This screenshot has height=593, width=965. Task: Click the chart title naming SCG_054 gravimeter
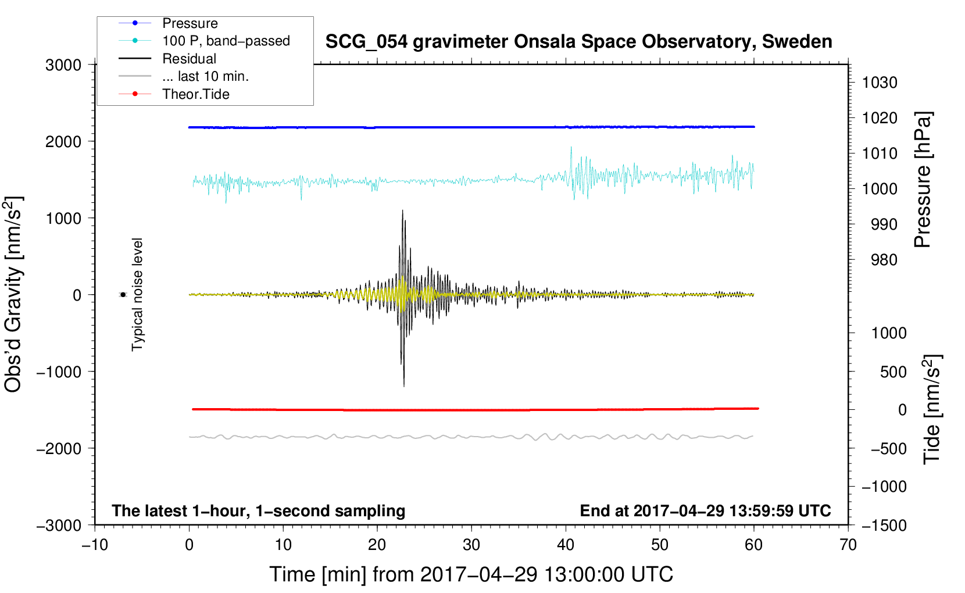(x=578, y=42)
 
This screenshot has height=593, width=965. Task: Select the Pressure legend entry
(x=190, y=23)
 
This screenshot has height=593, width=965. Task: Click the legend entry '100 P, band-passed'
(x=226, y=41)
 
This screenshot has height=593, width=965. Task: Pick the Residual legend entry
(x=189, y=59)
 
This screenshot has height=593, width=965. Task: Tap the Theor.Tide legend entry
(x=195, y=94)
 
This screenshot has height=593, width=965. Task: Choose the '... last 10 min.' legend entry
(x=205, y=76)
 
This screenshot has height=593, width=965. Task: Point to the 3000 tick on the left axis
(x=63, y=65)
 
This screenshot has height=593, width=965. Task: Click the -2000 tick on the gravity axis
(x=59, y=448)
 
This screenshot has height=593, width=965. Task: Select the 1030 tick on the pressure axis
(x=879, y=83)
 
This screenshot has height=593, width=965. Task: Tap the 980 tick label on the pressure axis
(x=884, y=260)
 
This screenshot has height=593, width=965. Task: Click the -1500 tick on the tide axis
(x=884, y=525)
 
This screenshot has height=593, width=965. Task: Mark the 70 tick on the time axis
(x=848, y=545)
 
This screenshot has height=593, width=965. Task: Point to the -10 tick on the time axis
(x=95, y=545)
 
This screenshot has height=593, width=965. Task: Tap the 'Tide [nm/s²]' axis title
(x=932, y=409)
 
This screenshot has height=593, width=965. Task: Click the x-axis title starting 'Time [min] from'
(x=471, y=574)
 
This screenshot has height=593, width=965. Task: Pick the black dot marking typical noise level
(x=123, y=295)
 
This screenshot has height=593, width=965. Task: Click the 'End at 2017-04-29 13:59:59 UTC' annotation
(x=705, y=510)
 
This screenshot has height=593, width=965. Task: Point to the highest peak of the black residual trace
(x=402, y=210)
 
